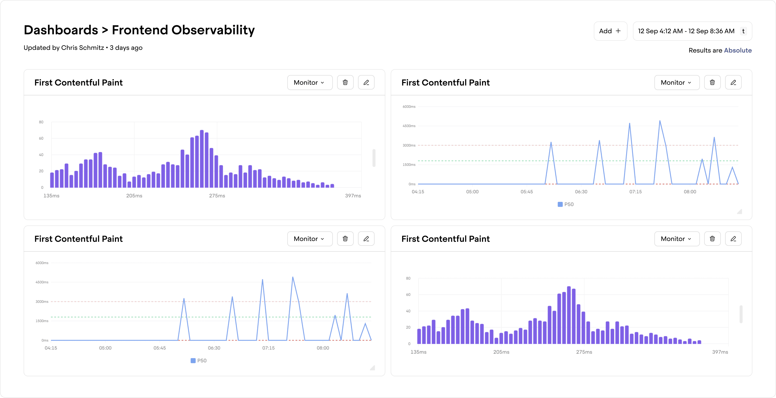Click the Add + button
coord(610,31)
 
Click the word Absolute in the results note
coord(737,50)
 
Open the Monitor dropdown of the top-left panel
coord(309,83)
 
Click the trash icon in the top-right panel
coord(712,83)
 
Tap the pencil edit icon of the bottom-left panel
coord(366,239)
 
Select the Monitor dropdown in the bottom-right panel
coord(676,239)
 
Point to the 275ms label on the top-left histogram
coord(217,196)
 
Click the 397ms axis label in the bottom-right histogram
coord(720,352)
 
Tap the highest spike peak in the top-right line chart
coord(660,121)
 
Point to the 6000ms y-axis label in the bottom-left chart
coord(42,263)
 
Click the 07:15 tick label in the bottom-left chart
coord(268,348)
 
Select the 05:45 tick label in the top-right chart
coord(527,192)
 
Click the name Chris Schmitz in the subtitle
coord(82,48)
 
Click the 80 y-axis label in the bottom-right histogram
coord(408,278)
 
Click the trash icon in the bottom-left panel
coord(345,239)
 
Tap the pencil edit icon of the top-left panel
coord(366,83)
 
